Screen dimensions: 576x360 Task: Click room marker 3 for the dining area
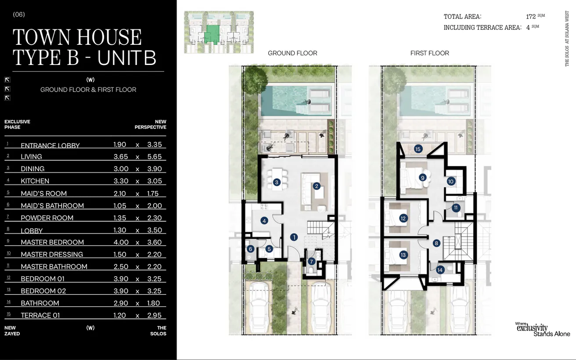point(277,182)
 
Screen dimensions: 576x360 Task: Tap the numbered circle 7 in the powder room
point(311,262)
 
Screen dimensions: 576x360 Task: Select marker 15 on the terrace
point(418,149)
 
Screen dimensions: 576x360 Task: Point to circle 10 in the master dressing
point(451,182)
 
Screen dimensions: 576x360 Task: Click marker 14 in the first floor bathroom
point(440,270)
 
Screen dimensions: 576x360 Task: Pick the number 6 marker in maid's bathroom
point(250,249)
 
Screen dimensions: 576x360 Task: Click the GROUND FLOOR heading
point(292,53)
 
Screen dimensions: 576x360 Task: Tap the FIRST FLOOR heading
point(430,53)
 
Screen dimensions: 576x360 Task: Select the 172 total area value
point(531,17)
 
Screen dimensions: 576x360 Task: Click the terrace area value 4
point(528,28)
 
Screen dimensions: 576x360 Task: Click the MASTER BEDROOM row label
point(52,242)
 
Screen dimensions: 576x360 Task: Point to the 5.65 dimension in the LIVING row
point(155,157)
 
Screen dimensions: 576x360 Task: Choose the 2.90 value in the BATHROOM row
point(121,303)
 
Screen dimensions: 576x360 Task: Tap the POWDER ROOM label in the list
point(47,218)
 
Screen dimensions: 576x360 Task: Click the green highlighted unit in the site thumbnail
point(212,34)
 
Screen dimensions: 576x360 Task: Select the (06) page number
point(19,14)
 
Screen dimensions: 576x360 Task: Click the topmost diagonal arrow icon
point(7,80)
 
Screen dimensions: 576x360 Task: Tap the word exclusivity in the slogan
point(532,328)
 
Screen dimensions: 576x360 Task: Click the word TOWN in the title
point(42,37)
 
